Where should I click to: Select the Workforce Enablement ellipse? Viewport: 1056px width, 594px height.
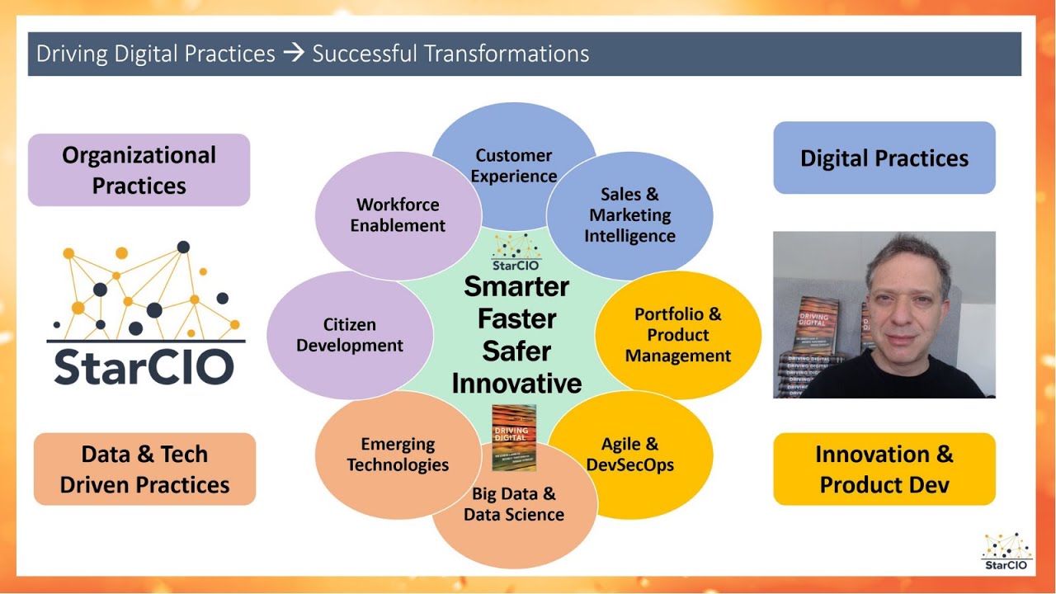pos(398,215)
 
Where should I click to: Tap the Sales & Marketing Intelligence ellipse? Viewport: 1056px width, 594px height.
pos(629,215)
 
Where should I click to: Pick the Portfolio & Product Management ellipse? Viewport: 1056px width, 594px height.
pos(677,335)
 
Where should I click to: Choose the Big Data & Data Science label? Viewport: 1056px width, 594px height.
pos(513,505)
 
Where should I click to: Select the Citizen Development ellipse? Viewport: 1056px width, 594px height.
pos(350,335)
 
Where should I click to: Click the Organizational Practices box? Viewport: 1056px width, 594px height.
pos(139,170)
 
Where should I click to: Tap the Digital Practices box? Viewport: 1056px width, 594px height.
pos(884,158)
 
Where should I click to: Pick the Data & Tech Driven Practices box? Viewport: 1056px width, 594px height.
pos(144,469)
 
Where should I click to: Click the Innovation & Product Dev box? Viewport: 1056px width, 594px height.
pos(884,469)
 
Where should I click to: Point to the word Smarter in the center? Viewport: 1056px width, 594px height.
pos(516,287)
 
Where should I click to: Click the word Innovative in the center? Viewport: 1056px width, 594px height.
pos(516,384)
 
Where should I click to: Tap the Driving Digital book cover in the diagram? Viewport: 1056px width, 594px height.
pos(514,437)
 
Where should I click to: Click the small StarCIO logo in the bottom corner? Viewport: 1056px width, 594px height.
pos(1006,552)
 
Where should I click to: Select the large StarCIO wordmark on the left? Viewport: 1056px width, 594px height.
pos(144,367)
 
